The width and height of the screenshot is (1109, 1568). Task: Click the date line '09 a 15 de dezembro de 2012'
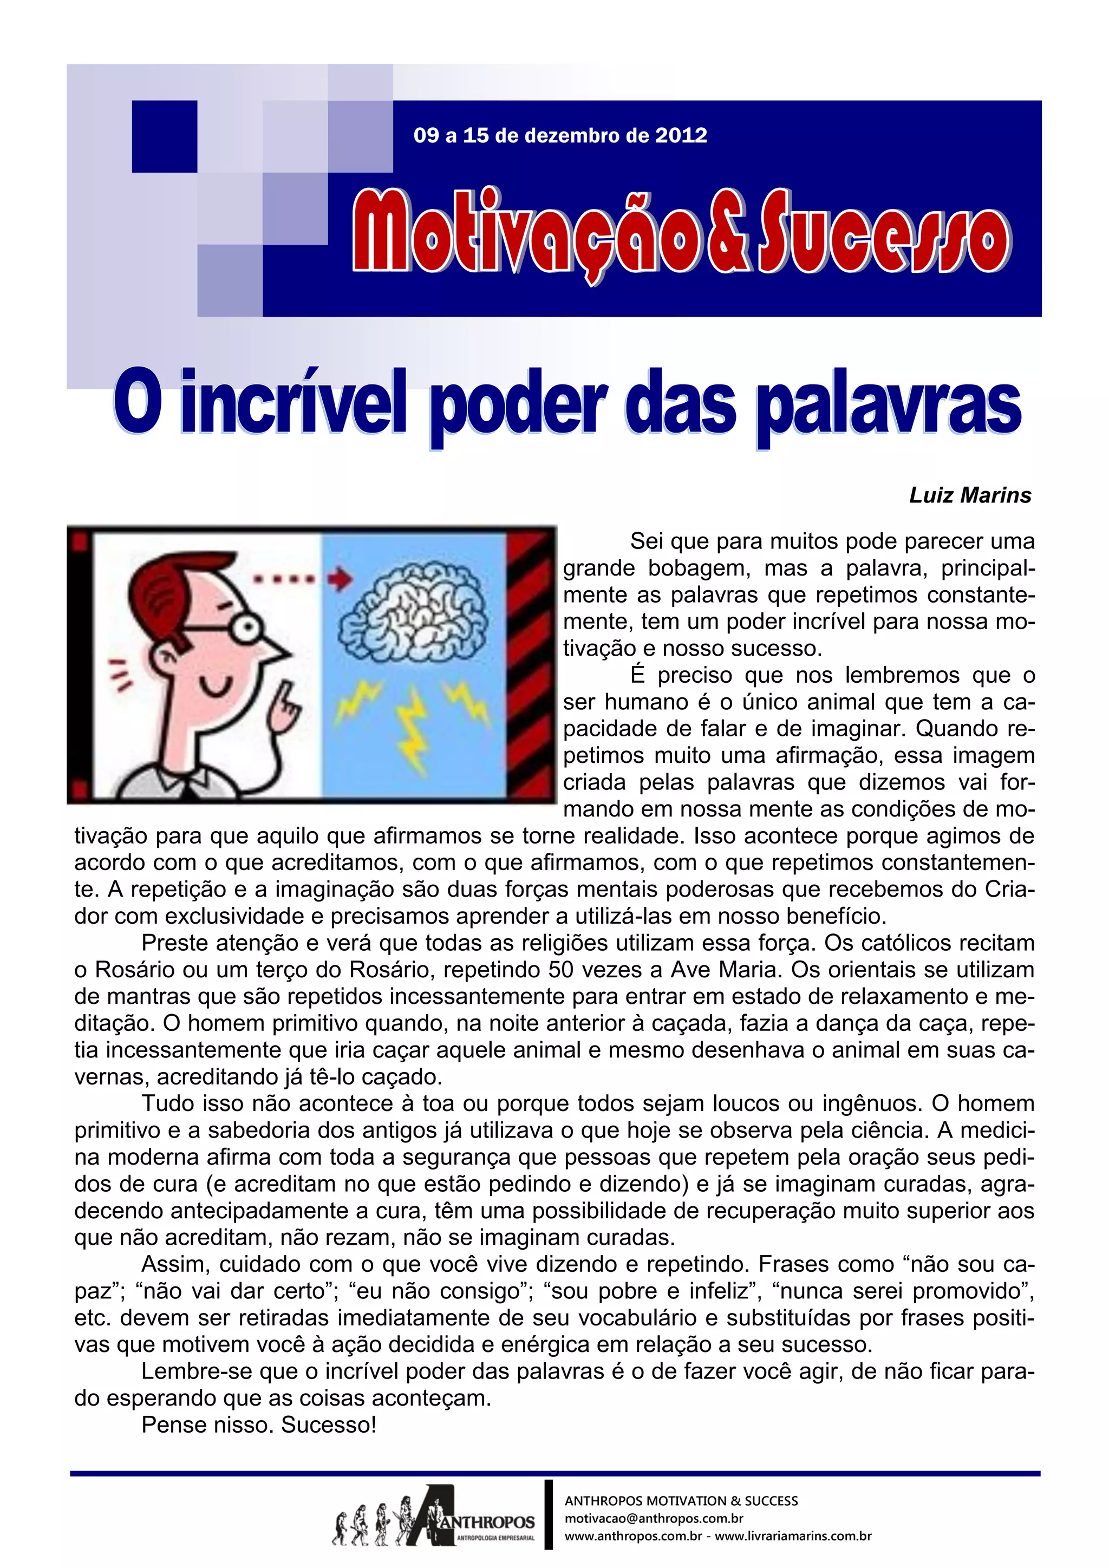560,135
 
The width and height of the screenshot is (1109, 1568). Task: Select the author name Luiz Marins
970,495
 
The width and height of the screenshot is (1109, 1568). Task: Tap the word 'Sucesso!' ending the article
329,1425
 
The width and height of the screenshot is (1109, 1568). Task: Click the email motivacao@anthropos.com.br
654,1518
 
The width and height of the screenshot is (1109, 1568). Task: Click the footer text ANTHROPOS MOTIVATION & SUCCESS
681,1500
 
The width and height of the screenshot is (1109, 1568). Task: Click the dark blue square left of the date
164,136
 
